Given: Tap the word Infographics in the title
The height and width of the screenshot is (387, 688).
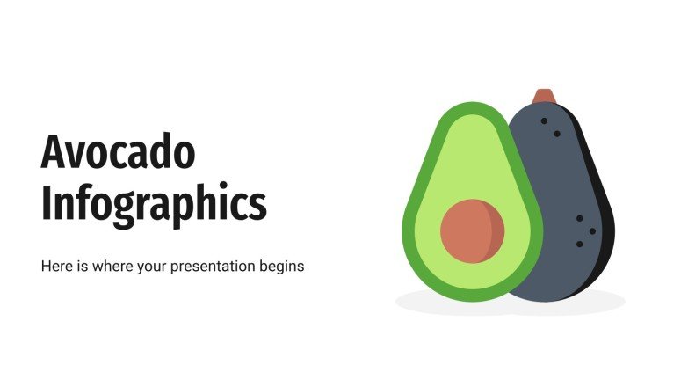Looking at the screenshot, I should (154, 202).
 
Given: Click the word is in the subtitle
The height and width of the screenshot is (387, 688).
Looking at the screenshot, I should (84, 265).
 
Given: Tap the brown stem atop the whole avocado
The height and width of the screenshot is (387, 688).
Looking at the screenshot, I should (544, 95).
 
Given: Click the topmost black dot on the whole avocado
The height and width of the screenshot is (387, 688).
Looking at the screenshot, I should (544, 120).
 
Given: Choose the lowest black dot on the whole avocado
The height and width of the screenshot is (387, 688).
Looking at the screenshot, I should (579, 244).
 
